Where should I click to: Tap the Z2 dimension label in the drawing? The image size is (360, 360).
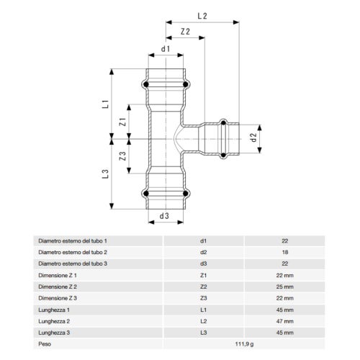tap(186, 32)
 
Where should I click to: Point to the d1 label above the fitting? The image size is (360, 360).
tap(166, 49)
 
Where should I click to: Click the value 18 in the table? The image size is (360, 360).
tap(284, 252)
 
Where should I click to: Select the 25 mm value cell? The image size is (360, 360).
tap(284, 287)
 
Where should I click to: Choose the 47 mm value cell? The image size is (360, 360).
tap(284, 321)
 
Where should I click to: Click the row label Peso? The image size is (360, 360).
tap(44, 344)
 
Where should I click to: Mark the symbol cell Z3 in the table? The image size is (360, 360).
tap(204, 298)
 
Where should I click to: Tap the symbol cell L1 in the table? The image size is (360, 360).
tap(204, 310)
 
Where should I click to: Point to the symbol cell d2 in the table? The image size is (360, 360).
tap(204, 252)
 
